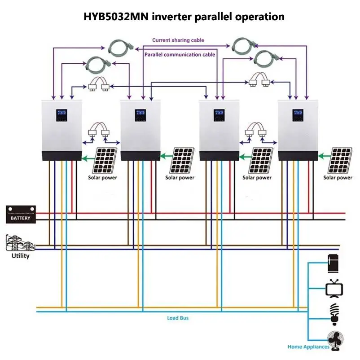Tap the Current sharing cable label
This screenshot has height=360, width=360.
point(178,40)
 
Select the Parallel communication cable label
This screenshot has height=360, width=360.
point(180,54)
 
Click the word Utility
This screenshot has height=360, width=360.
point(20,256)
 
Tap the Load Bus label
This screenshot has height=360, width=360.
point(178,318)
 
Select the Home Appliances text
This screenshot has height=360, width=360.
point(308,347)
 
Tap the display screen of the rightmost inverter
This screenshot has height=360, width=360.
point(297,115)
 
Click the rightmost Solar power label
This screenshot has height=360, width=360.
point(338,178)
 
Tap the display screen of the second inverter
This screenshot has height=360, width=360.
point(140,115)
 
